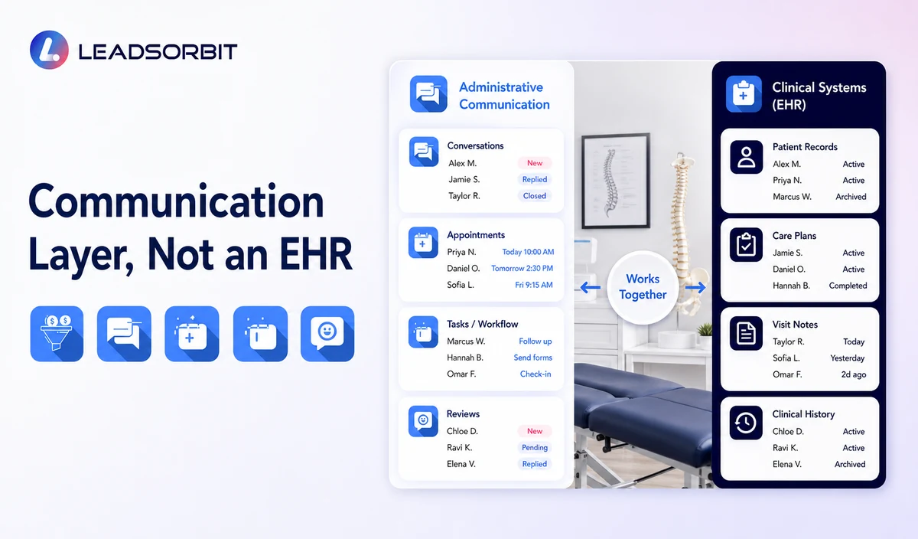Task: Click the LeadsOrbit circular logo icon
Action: coord(49,50)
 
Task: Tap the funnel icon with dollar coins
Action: coord(57,334)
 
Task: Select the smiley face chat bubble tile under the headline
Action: coord(327,334)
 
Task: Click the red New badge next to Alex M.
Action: coord(535,163)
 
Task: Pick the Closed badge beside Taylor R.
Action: coord(535,196)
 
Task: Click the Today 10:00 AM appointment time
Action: coord(529,252)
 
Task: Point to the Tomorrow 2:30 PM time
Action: coord(522,268)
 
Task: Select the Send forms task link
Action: coord(532,358)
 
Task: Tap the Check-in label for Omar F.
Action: coord(535,374)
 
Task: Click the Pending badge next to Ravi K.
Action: coord(535,448)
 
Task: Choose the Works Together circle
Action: coord(643,287)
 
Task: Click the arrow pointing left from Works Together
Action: coord(591,287)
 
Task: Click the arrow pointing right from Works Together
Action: coord(695,287)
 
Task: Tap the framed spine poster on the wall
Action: coord(615,181)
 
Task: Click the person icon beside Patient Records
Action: coord(747,157)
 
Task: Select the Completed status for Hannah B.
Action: coord(848,286)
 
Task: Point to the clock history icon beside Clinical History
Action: coord(746,423)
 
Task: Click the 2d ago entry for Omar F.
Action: coord(854,374)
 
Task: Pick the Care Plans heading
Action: coord(794,236)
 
